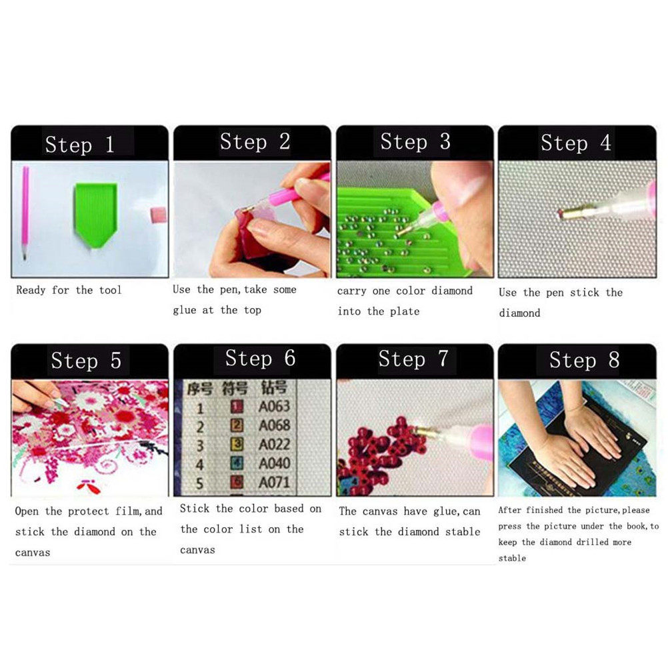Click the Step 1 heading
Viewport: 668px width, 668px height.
click(x=79, y=145)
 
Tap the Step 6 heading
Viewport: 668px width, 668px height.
click(x=260, y=358)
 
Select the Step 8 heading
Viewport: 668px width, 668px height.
click(x=584, y=361)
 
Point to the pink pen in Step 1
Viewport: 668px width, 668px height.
click(x=25, y=213)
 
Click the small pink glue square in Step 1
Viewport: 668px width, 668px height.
click(x=157, y=214)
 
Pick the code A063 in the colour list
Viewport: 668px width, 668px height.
click(x=274, y=407)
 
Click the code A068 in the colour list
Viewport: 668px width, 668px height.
click(x=275, y=425)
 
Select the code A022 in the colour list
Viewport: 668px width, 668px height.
click(x=275, y=445)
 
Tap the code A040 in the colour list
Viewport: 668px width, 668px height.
click(x=275, y=463)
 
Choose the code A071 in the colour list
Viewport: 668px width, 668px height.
click(x=275, y=482)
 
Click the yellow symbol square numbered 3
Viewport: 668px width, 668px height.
click(x=237, y=445)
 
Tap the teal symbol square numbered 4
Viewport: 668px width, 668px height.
click(x=237, y=463)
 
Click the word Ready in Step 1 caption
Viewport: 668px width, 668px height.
click(x=31, y=291)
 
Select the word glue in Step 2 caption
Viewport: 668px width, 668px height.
click(x=185, y=311)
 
